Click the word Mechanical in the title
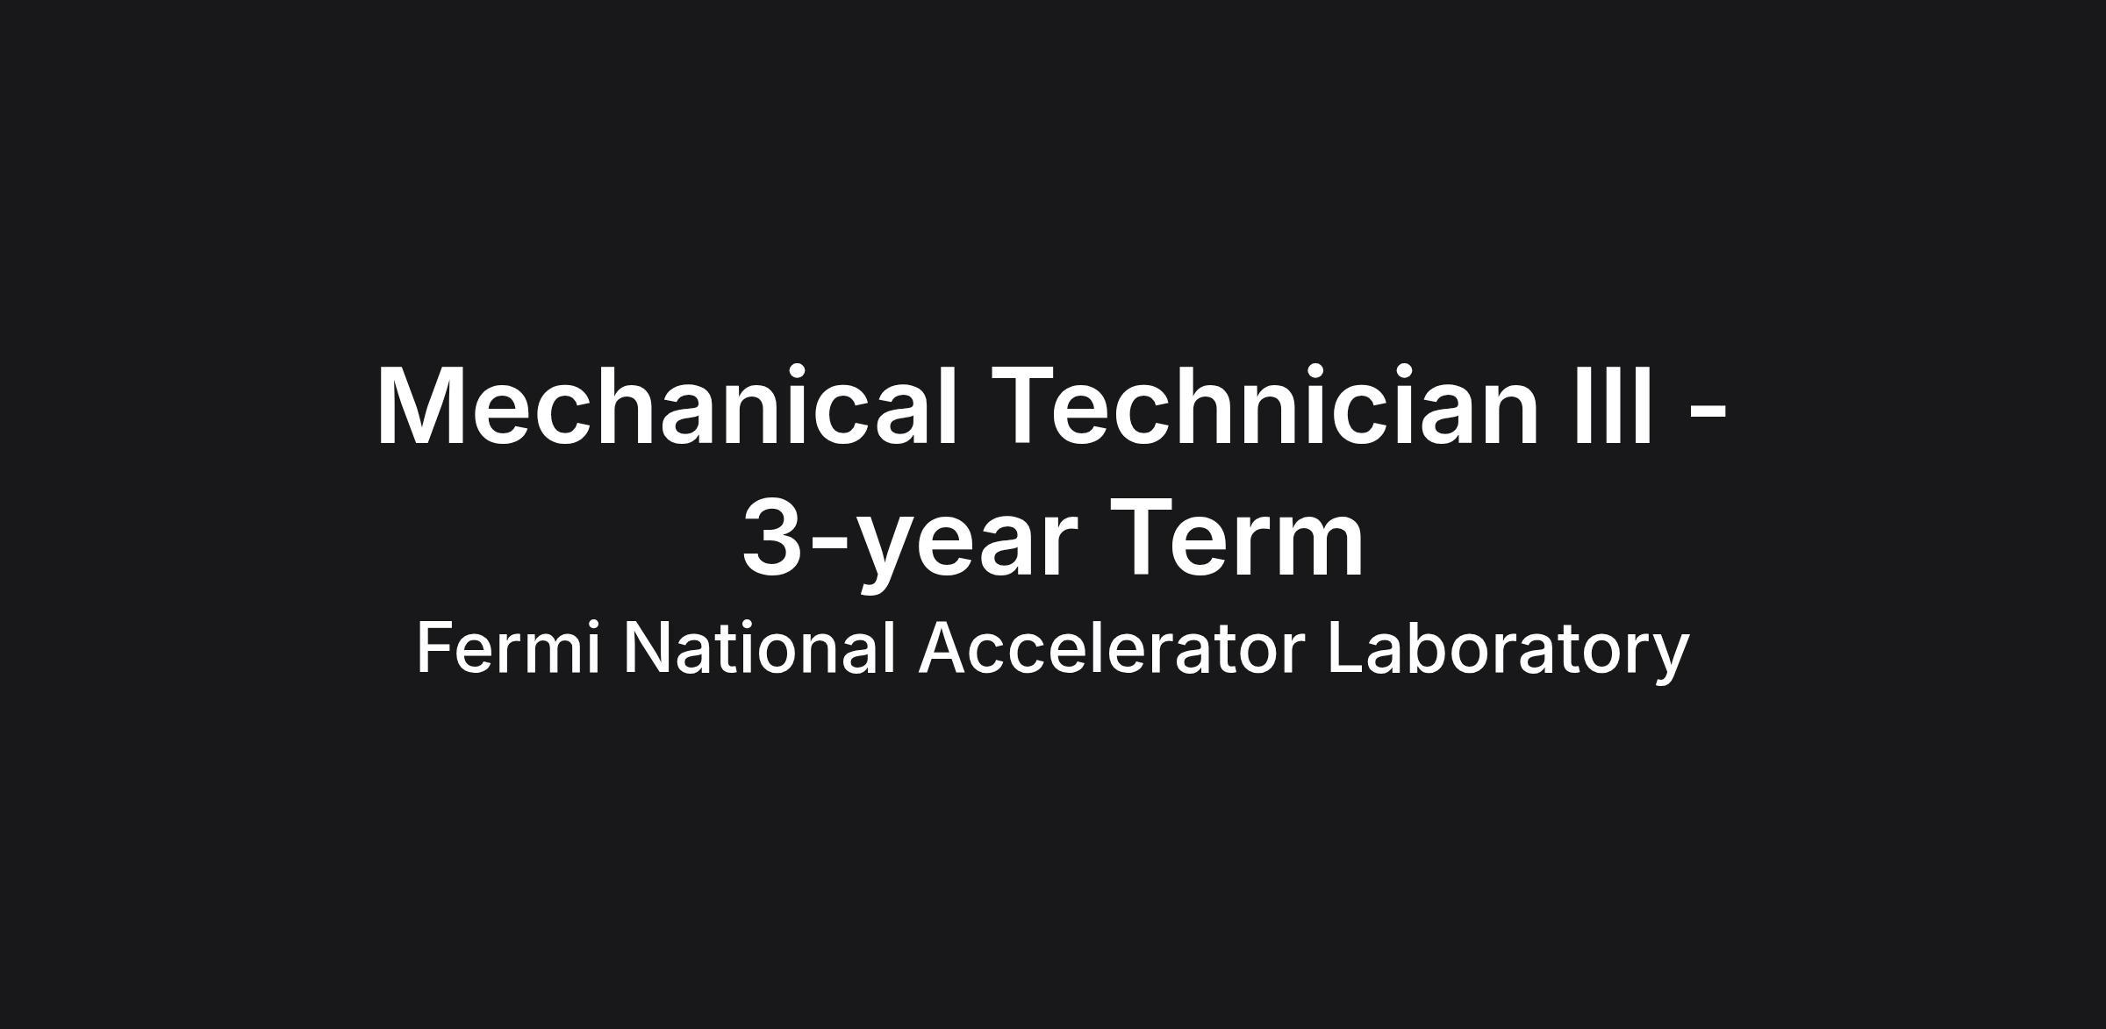coord(666,406)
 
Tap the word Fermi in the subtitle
coord(509,647)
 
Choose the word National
coord(759,647)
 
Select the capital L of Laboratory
coord(1346,647)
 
